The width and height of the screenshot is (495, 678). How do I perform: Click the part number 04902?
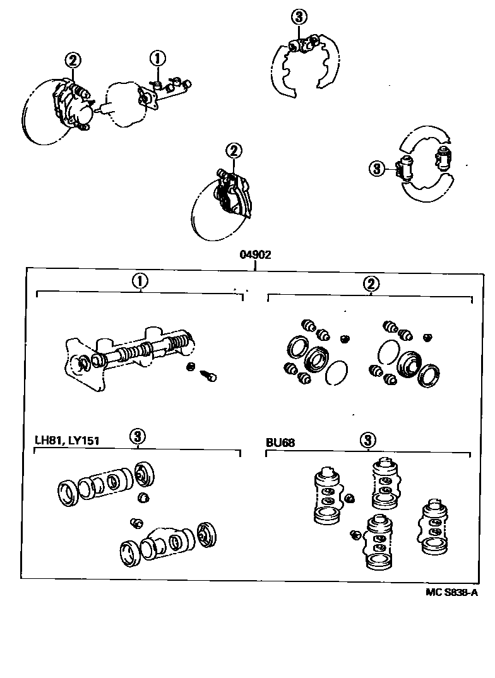pos(255,255)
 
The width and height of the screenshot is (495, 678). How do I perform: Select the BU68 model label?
pos(280,443)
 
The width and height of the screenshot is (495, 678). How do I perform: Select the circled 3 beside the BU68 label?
pos(369,439)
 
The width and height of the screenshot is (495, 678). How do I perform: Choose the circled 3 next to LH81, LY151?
pos(138,436)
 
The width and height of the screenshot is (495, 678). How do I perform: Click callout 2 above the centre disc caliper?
pos(234,151)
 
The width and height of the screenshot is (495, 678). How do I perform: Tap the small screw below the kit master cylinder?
pos(208,376)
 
